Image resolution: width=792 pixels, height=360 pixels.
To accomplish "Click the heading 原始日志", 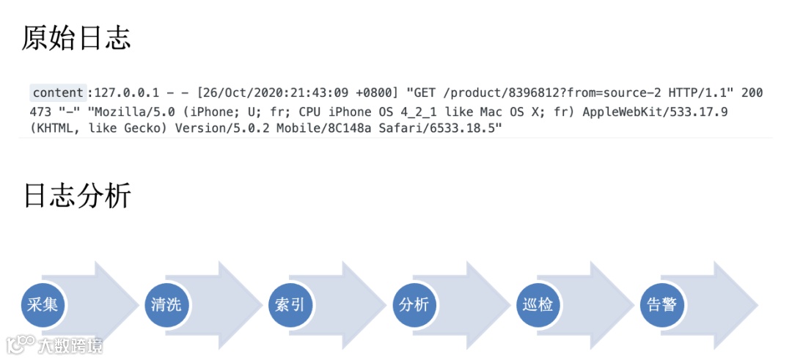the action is pos(76,38).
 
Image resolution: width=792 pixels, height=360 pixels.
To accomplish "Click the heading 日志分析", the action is pos(76,196).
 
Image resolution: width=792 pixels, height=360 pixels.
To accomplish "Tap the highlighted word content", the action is pos(58,93).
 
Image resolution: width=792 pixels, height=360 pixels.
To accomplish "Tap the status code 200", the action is pos(752,93).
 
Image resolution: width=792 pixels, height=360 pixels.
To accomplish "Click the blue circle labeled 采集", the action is pos(43,304).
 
